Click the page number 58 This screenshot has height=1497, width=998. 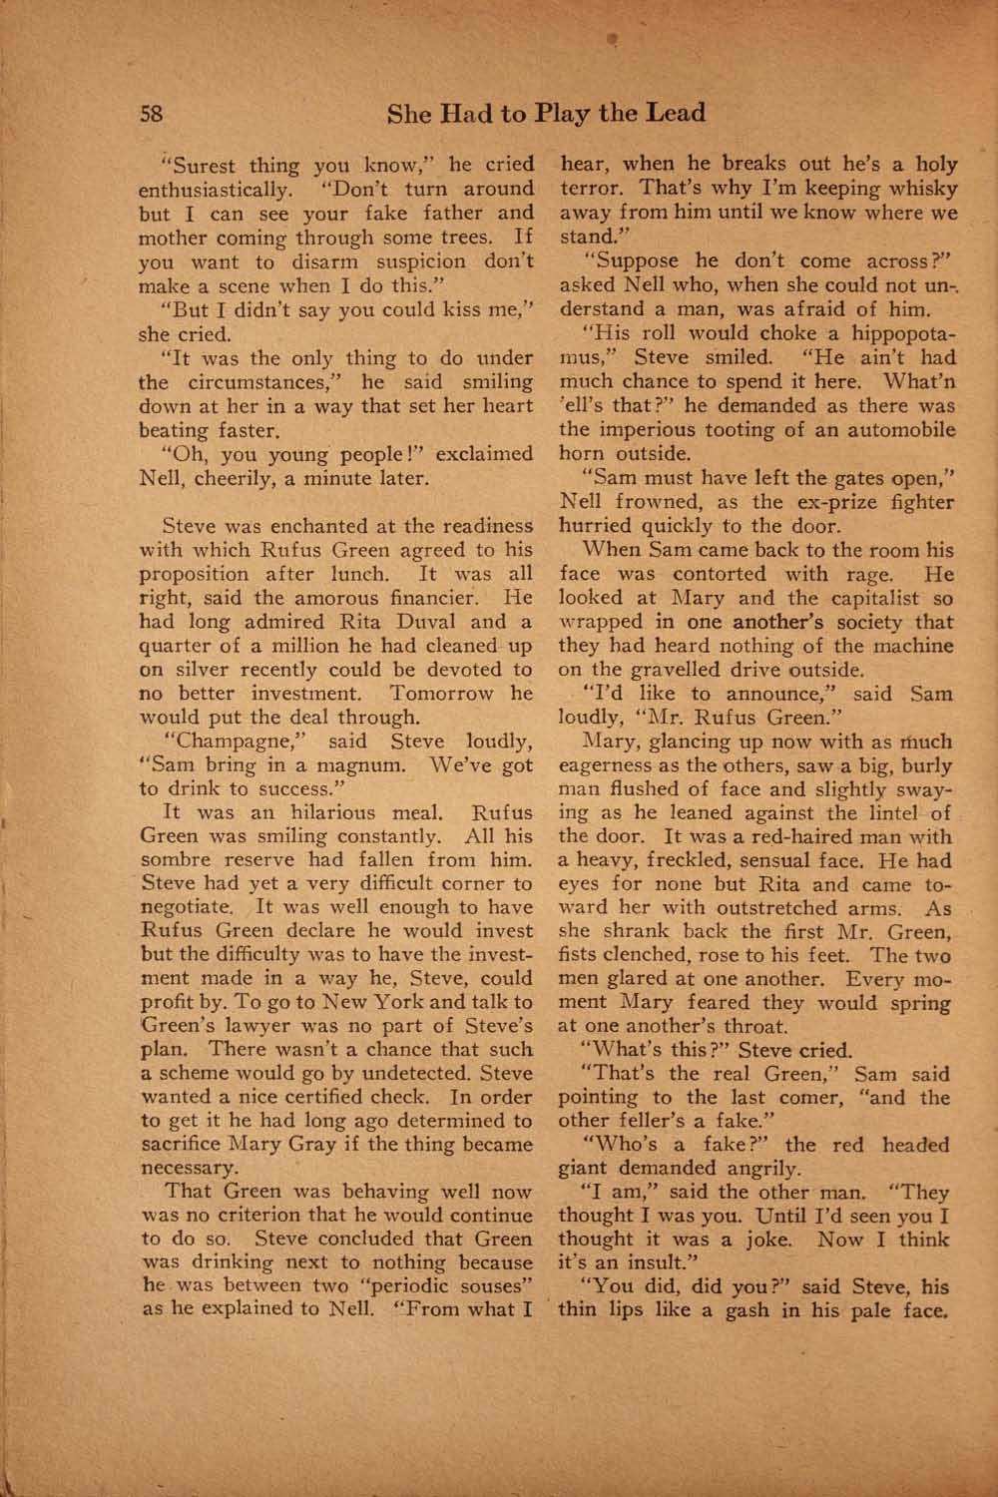click(151, 113)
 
